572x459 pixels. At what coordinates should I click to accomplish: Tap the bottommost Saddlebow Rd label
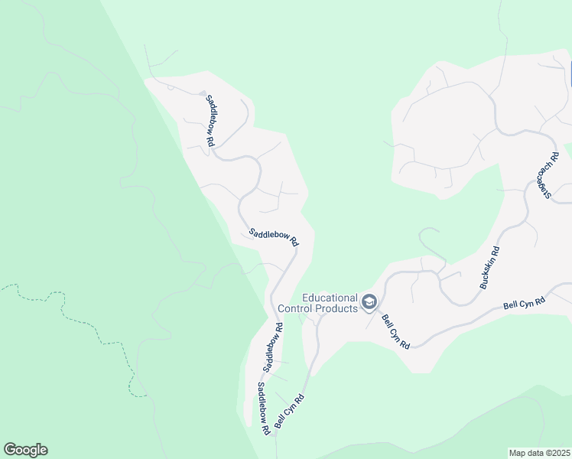click(264, 409)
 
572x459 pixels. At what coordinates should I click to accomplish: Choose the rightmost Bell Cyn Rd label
click(524, 303)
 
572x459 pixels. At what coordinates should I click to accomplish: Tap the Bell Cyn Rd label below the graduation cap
click(396, 333)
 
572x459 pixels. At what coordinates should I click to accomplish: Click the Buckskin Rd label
click(489, 268)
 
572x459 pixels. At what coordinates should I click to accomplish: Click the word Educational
click(330, 298)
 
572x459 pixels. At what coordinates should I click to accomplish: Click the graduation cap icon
click(369, 303)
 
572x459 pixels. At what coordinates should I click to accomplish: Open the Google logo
click(25, 450)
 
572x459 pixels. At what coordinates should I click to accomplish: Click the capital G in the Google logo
click(10, 450)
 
